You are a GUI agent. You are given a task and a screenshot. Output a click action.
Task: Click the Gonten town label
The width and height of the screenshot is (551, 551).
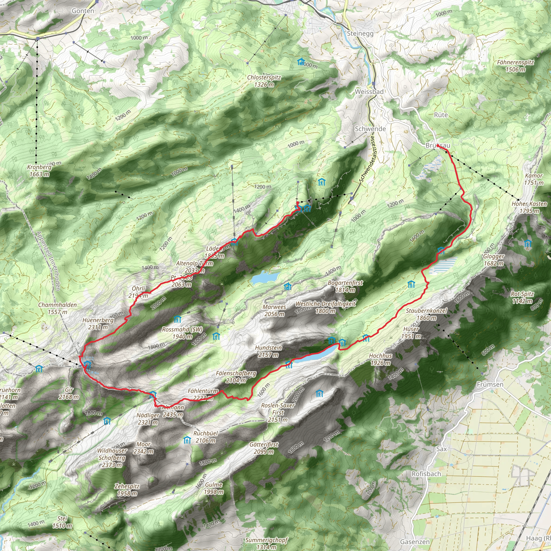point(83,11)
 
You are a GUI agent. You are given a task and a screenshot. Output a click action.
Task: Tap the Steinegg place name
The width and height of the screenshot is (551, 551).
point(360,33)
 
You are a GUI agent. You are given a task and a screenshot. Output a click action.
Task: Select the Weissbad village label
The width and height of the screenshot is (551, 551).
point(369,92)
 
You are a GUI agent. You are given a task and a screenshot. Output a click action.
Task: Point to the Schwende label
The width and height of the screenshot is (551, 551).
point(370,129)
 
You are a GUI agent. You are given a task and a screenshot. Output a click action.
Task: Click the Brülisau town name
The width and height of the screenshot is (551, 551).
point(437,146)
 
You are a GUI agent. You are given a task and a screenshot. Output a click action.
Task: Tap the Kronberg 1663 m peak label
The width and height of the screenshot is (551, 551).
point(39,171)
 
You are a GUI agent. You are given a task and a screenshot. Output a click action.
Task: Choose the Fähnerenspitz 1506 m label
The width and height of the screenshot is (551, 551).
point(515,66)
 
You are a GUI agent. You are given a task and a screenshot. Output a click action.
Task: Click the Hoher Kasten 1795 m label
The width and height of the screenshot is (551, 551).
point(529,207)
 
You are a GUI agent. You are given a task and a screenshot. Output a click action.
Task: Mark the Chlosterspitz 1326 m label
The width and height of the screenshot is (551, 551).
point(264,81)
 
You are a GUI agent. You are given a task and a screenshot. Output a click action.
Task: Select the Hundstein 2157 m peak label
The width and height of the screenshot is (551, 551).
point(268,351)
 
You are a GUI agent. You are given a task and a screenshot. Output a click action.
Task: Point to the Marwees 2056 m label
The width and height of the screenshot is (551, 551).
point(274,310)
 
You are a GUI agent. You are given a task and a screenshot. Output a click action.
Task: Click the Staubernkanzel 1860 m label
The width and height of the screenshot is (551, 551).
point(426,314)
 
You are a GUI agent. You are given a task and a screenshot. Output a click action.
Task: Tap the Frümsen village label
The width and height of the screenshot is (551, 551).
point(490,385)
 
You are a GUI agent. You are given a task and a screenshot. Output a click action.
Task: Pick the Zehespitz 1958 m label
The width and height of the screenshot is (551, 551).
point(127,490)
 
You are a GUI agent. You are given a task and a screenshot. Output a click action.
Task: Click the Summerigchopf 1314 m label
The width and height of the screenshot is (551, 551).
point(266,543)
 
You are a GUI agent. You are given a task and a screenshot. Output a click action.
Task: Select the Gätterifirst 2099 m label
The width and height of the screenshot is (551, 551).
point(264,448)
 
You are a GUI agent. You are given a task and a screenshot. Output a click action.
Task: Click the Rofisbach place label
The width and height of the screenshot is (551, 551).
point(426,474)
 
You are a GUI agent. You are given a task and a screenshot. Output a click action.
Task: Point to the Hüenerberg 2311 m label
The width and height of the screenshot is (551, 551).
point(98,324)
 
